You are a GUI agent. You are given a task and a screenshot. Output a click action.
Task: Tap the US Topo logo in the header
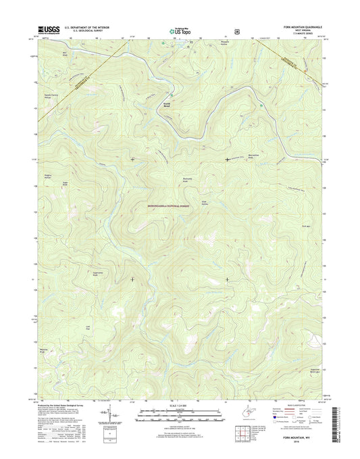pyautogui.click(x=175, y=30)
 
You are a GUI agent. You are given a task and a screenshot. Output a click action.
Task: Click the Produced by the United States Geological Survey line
pyautogui.click(x=64, y=404)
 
